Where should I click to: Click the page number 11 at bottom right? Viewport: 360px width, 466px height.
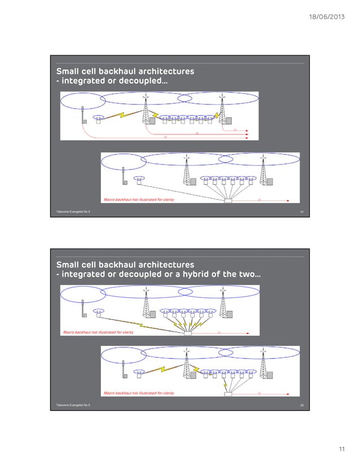(x=341, y=449)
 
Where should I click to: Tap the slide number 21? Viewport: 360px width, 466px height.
(x=302, y=212)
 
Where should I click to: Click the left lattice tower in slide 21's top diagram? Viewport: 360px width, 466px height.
(x=146, y=110)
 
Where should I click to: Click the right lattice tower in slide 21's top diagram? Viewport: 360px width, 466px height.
(x=222, y=110)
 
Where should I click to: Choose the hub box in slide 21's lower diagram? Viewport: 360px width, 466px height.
(x=229, y=200)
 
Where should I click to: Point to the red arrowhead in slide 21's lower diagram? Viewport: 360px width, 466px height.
(x=287, y=200)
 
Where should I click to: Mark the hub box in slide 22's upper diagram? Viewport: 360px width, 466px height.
(x=188, y=333)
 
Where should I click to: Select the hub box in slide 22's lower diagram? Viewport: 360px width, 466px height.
(x=229, y=393)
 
